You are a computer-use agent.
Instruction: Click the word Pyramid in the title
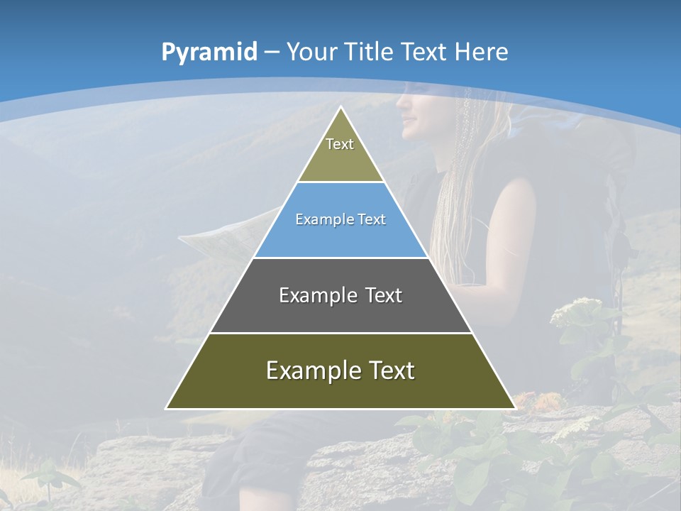[209, 52]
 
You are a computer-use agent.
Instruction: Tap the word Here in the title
[481, 52]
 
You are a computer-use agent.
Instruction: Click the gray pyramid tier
[340, 312]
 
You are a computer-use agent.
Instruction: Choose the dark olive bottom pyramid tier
[340, 390]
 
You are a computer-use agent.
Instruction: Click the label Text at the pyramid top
[340, 144]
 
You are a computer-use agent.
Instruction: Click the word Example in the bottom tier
[313, 370]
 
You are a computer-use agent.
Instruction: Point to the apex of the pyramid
[340, 108]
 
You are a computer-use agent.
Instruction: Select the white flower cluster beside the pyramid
[576, 312]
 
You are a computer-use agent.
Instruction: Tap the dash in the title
[272, 52]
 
